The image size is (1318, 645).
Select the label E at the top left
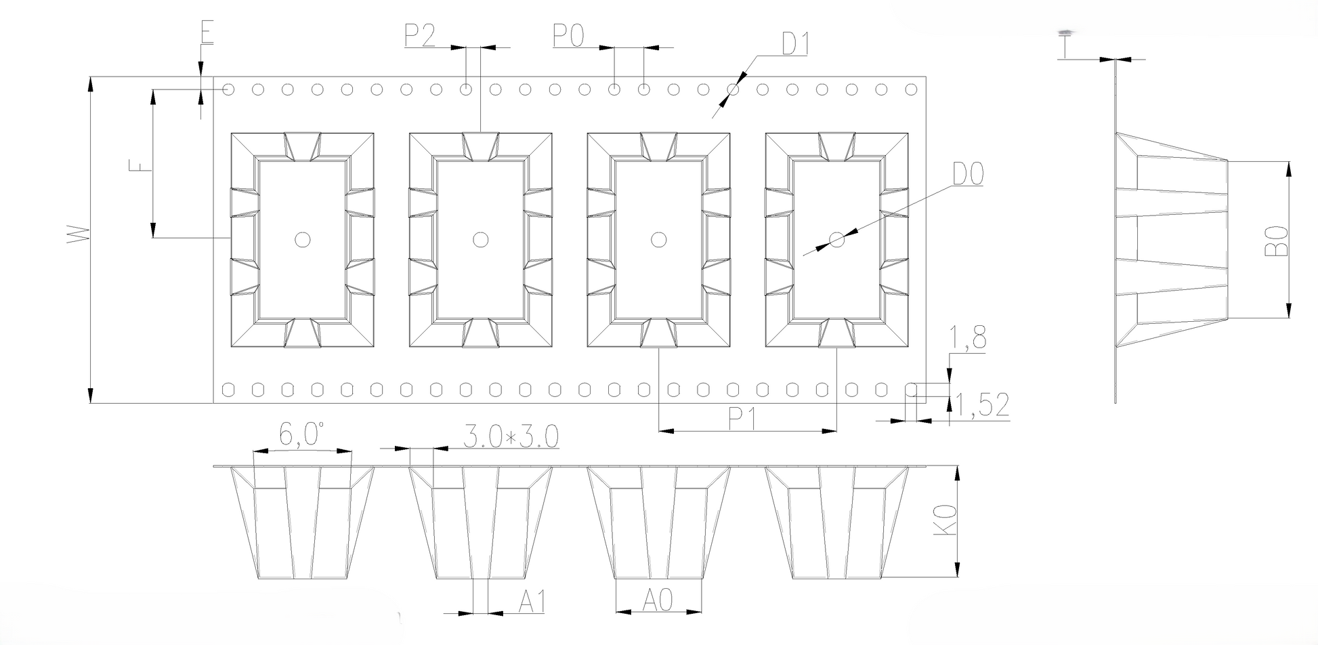(207, 33)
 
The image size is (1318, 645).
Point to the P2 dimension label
(421, 35)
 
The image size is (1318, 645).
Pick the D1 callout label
(795, 43)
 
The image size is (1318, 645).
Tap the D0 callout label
(968, 174)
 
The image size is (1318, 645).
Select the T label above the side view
(1066, 46)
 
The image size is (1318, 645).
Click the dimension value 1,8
(968, 338)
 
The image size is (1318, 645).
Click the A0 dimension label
(658, 600)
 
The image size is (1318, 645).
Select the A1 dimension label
(532, 601)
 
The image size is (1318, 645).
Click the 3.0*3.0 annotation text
(511, 437)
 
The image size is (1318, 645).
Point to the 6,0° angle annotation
(301, 434)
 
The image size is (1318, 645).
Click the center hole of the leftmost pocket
(303, 239)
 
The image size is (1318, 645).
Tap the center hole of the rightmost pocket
(837, 239)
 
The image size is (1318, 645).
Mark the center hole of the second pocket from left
(480, 239)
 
